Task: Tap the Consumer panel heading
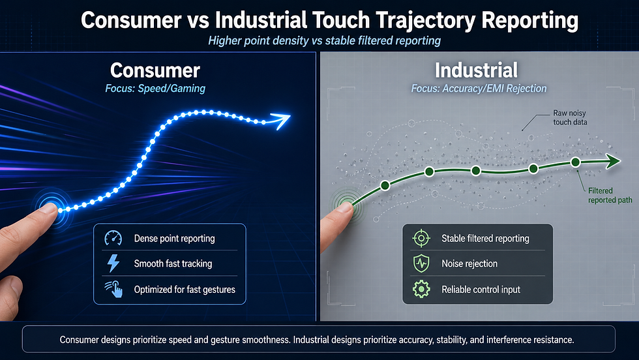[x=155, y=70]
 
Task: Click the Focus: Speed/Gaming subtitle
[x=155, y=89]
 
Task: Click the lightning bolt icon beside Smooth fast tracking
[x=113, y=263]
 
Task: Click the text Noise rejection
[x=469, y=264]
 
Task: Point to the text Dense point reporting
[x=174, y=239]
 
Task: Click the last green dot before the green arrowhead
[x=575, y=162]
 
